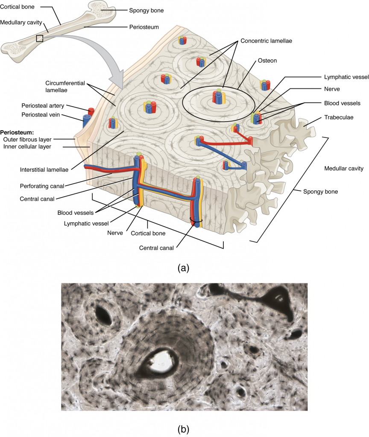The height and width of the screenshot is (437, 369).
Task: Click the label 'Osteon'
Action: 267,61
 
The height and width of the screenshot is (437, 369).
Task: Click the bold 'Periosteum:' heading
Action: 18,132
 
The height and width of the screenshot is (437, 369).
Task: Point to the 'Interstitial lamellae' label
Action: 44,169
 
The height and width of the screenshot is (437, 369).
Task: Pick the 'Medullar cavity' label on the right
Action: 344,169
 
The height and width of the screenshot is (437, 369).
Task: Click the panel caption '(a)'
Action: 184,268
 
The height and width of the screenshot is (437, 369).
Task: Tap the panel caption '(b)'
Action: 184,428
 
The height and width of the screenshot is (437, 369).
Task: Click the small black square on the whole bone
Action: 39,39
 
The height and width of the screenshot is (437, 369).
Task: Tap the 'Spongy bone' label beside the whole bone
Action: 146,10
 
